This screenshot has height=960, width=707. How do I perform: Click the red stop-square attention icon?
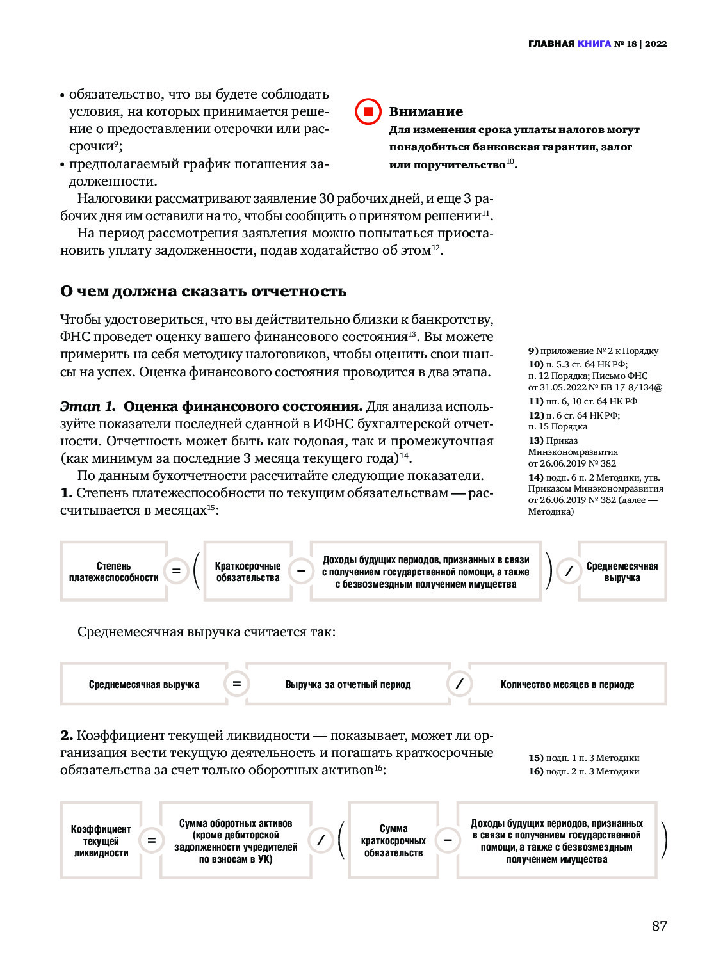click(x=368, y=111)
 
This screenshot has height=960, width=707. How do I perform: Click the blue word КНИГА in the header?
click(x=594, y=44)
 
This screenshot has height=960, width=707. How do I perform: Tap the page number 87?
click(x=659, y=925)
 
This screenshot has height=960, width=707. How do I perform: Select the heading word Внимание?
click(x=426, y=111)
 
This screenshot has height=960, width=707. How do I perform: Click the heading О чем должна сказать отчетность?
click(x=203, y=291)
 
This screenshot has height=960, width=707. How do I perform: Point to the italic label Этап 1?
click(x=88, y=406)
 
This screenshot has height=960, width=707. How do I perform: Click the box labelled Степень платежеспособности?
click(x=113, y=572)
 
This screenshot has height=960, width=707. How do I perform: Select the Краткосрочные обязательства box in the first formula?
click(x=247, y=572)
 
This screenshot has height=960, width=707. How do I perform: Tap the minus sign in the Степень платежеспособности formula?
click(x=301, y=571)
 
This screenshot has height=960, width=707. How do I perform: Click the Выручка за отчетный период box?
click(x=348, y=684)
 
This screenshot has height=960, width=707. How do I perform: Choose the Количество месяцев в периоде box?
click(x=567, y=684)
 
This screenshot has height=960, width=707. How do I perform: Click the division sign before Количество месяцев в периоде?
click(x=459, y=684)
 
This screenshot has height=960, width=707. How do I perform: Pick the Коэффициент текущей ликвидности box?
click(x=101, y=840)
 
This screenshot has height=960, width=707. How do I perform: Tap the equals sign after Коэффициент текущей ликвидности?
click(x=152, y=840)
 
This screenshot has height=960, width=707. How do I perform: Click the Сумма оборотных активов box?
click(x=236, y=840)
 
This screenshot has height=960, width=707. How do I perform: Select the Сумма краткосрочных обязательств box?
click(x=393, y=840)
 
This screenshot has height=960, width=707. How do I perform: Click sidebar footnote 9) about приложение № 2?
click(x=593, y=351)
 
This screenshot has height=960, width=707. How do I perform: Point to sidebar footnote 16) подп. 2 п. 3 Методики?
click(x=583, y=771)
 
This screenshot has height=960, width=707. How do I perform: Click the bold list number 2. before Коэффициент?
click(x=67, y=735)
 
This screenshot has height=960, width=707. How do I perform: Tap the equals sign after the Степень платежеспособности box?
click(x=176, y=571)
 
